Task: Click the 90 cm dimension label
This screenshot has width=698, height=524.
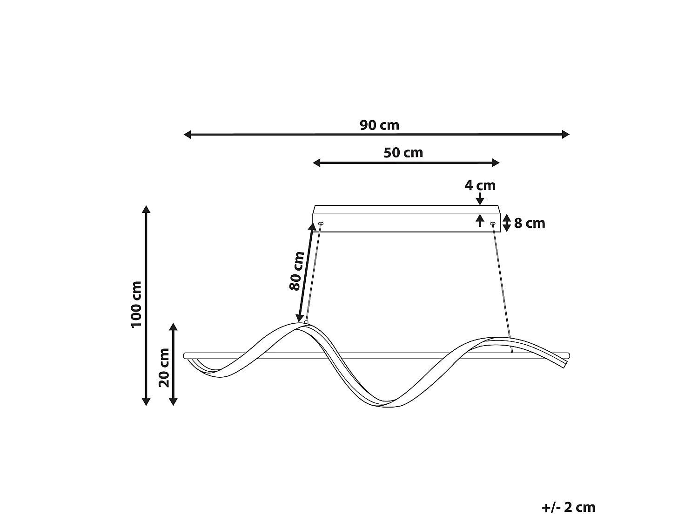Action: pyautogui.click(x=379, y=125)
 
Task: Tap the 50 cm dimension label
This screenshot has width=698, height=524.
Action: pyautogui.click(x=403, y=153)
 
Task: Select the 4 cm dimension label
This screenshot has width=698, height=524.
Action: pyautogui.click(x=480, y=185)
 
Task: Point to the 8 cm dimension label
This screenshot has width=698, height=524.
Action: pyautogui.click(x=530, y=224)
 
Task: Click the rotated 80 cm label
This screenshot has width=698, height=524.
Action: pyautogui.click(x=296, y=271)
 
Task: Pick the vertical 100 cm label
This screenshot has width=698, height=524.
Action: pyautogui.click(x=136, y=304)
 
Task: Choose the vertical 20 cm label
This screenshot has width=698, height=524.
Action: pyautogui.click(x=164, y=368)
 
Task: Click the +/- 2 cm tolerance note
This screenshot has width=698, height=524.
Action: pyautogui.click(x=568, y=507)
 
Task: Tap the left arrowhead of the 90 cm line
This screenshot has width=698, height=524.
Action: pyautogui.click(x=188, y=135)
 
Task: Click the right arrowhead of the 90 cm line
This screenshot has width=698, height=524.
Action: pyautogui.click(x=566, y=135)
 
